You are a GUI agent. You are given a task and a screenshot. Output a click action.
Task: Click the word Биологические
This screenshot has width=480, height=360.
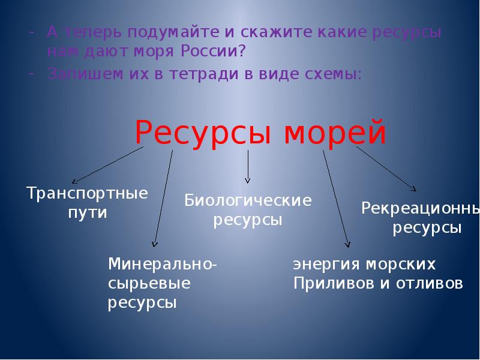click(248, 200)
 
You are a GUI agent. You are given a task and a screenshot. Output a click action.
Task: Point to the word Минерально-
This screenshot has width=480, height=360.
click(163, 264)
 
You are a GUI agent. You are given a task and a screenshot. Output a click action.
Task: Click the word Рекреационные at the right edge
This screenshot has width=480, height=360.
click(420, 208)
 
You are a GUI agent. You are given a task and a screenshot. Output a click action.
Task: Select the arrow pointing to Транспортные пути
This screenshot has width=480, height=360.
click(108, 166)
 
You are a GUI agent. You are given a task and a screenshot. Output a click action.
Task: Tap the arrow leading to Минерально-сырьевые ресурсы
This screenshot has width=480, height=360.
click(163, 198)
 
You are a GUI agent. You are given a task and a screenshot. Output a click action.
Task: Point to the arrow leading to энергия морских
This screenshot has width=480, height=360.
click(336, 198)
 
